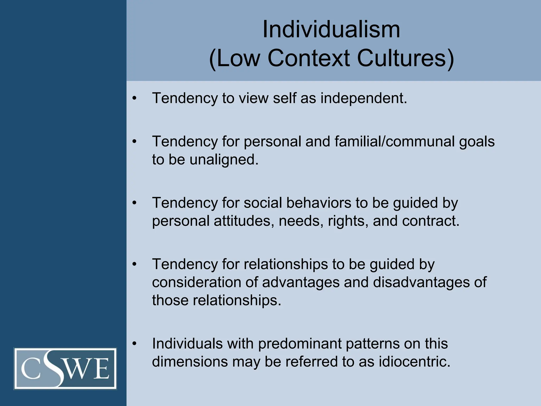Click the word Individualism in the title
tap(331, 30)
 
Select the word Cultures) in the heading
tap(405, 58)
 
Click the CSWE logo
tap(65, 368)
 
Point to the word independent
tap(364, 98)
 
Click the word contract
tap(431, 221)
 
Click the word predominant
tap(300, 344)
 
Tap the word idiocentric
tap(414, 362)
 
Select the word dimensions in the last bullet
tap(190, 362)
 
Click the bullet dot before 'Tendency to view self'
tap(134, 98)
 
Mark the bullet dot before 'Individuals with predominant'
tap(134, 344)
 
